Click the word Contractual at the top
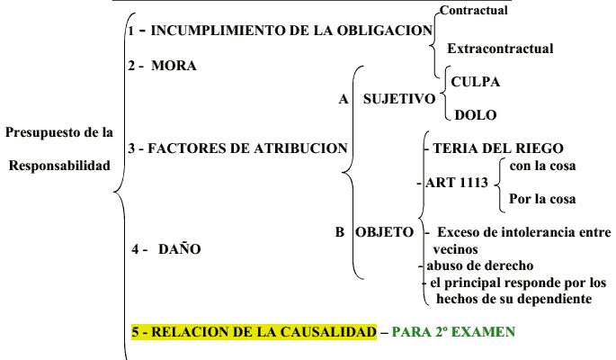(x=473, y=10)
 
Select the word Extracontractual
(x=500, y=49)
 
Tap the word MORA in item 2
(x=174, y=65)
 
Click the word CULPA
(x=476, y=82)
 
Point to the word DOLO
(x=476, y=115)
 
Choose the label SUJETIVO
(x=399, y=99)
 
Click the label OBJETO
(x=384, y=232)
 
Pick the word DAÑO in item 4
(x=180, y=248)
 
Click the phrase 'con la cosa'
(x=542, y=166)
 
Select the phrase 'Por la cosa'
(x=542, y=199)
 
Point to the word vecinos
(x=455, y=249)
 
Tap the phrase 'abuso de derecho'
(x=480, y=265)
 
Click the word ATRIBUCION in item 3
(x=300, y=148)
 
